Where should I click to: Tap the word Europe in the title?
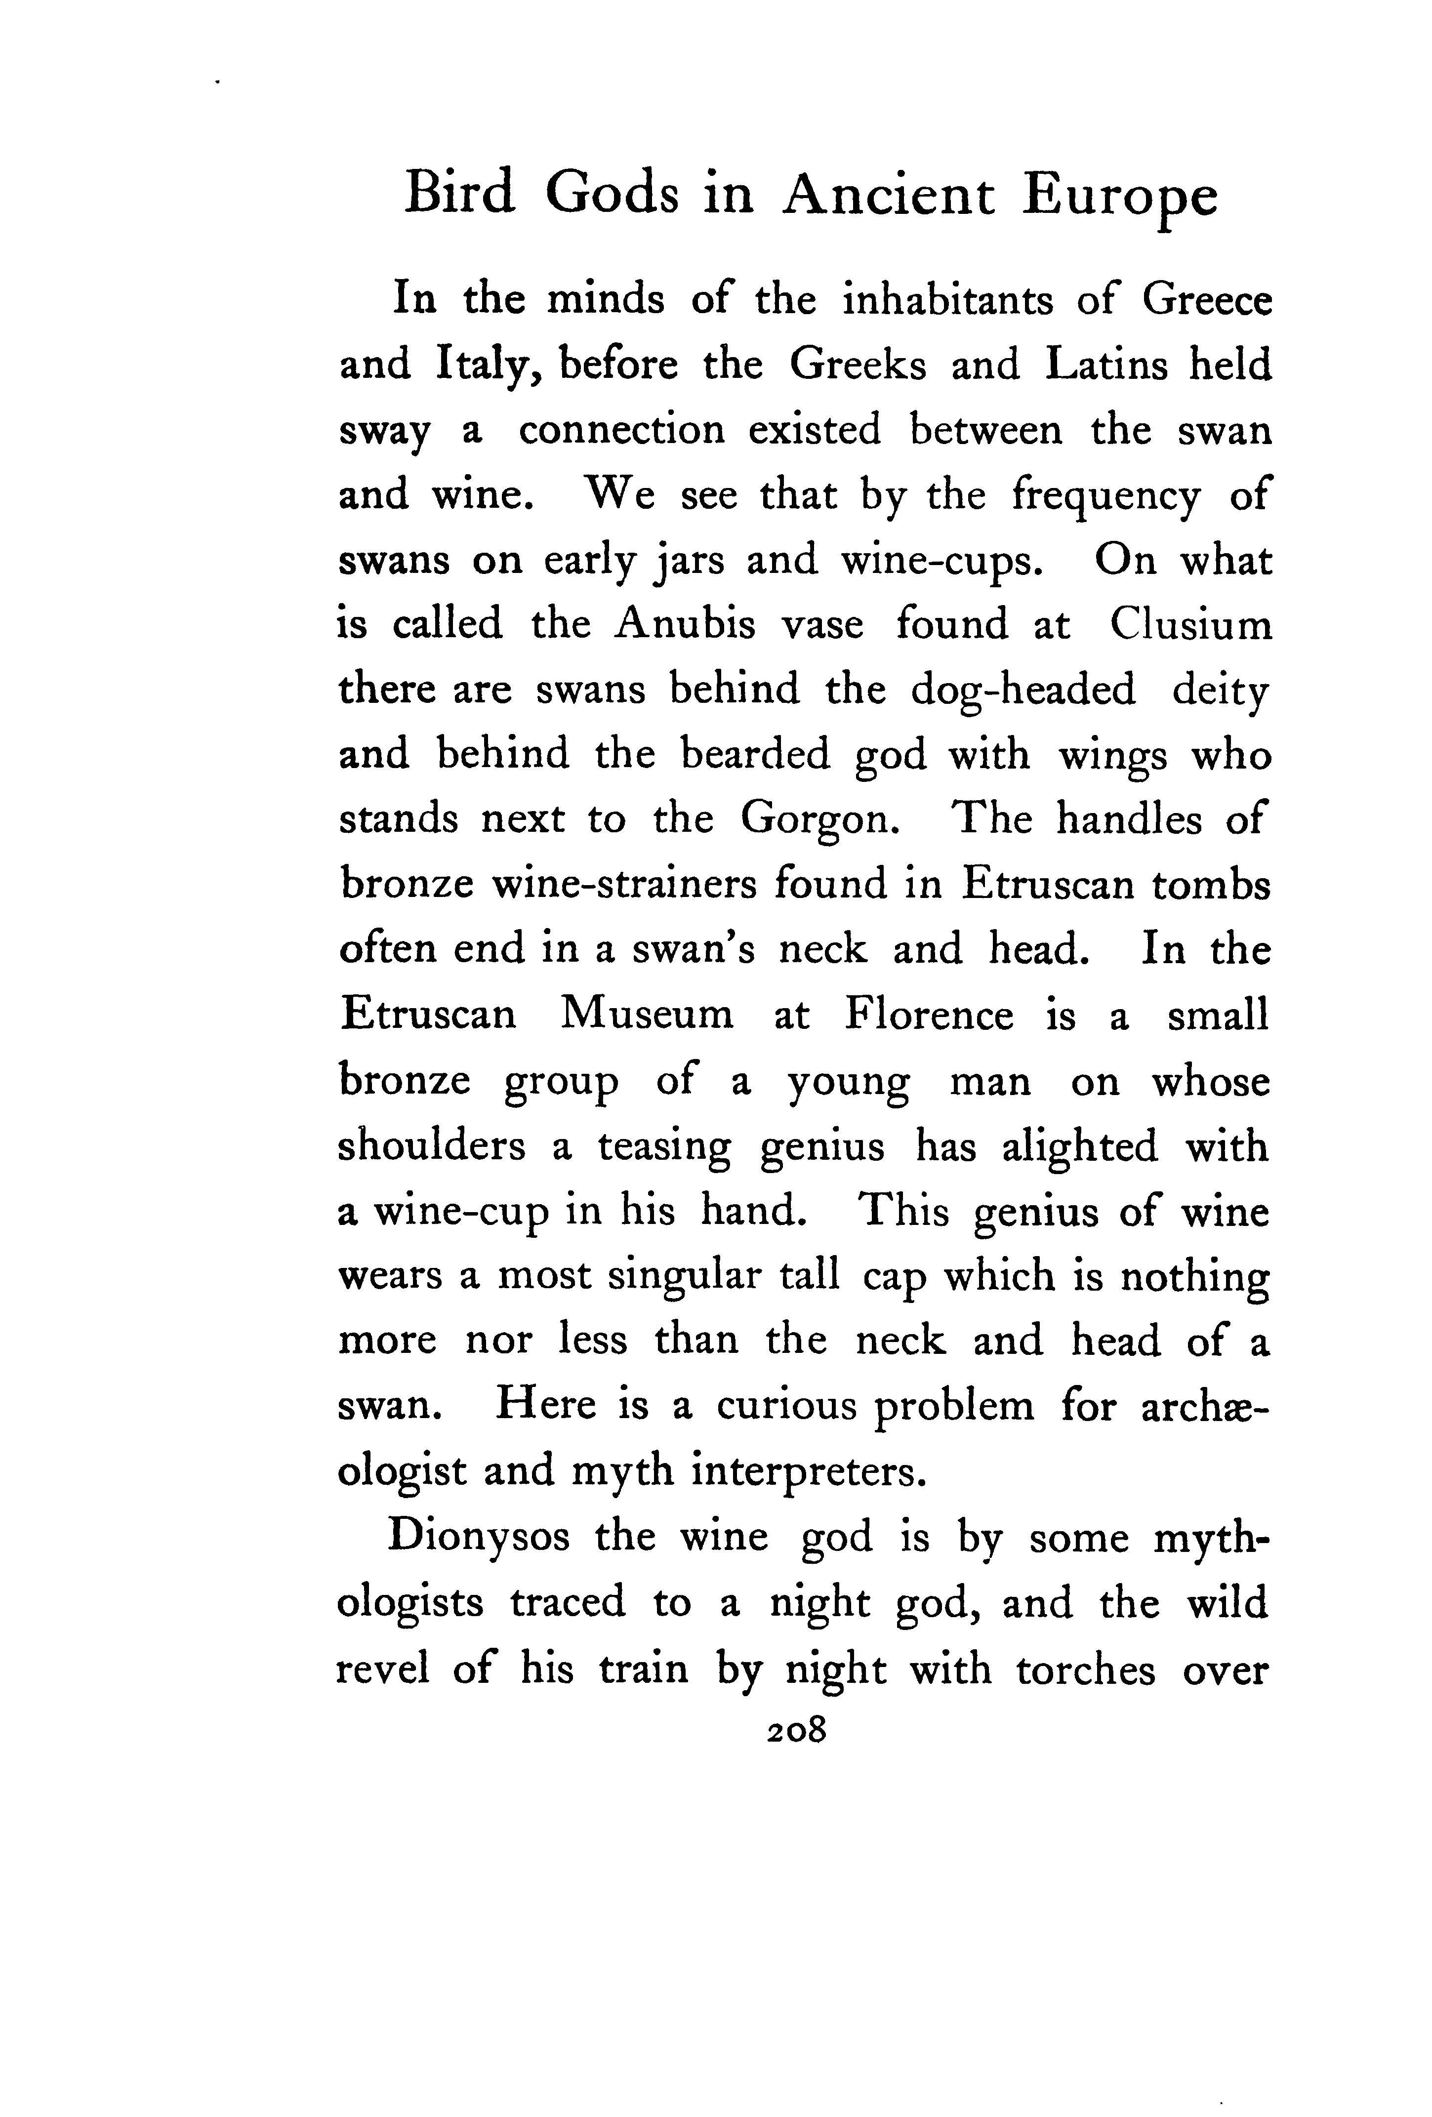[1119, 198]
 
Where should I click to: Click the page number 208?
[795, 1729]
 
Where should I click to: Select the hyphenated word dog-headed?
[1023, 691]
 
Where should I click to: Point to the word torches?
[1085, 1669]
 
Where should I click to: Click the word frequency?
[1106, 496]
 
